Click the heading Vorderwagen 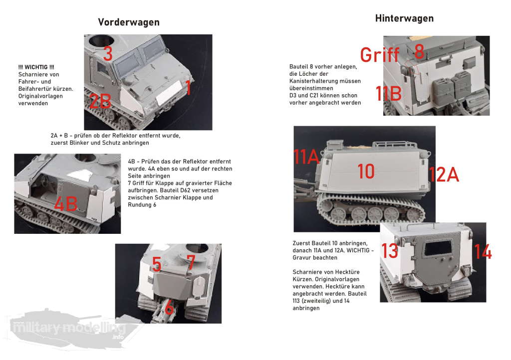[x=129, y=22]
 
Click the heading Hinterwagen [x=404, y=18]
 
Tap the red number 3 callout [x=108, y=53]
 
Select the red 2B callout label [x=100, y=101]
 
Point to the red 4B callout [x=66, y=204]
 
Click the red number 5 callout [x=157, y=264]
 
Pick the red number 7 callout [x=191, y=262]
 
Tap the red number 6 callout [x=169, y=307]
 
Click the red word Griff [x=380, y=54]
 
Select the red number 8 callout [x=419, y=51]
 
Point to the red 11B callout [x=388, y=94]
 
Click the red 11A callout [x=306, y=157]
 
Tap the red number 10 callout [x=366, y=171]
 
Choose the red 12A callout [x=444, y=175]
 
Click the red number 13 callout [x=390, y=251]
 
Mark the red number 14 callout [x=483, y=252]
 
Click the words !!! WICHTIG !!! [x=36, y=67]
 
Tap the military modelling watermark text [x=68, y=328]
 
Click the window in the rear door [x=438, y=249]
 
